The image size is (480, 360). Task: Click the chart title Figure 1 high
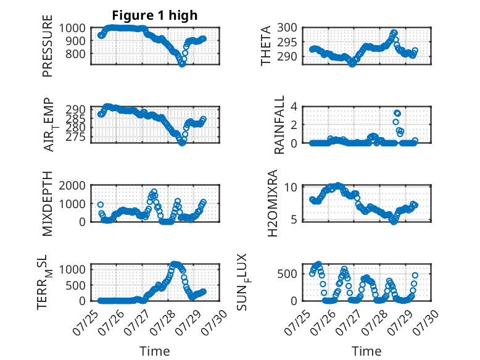coord(155,15)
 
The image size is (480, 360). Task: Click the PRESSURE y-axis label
coord(48,46)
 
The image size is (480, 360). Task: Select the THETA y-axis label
coord(266,46)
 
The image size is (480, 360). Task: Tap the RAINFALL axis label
coord(279,125)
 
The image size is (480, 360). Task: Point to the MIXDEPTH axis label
coord(48,204)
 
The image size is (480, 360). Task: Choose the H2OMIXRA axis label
coord(273,203)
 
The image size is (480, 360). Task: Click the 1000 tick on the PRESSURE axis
coord(72,28)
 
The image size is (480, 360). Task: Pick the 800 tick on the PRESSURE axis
coord(76,54)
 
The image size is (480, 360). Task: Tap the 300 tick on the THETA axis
coord(288,28)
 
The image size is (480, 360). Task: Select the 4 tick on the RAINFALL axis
coord(294,107)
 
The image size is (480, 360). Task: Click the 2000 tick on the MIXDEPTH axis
coord(72,186)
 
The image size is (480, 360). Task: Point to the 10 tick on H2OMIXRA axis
coord(291,187)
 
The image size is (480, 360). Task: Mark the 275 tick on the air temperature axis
coord(76,136)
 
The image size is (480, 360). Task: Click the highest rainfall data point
coord(397,114)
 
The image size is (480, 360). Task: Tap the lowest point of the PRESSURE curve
coord(182,64)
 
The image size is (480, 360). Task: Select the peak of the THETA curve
coord(394,33)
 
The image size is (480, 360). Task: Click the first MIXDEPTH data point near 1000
coord(101,204)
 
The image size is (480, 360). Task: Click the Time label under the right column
coord(366,351)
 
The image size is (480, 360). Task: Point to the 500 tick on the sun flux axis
coord(288,274)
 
